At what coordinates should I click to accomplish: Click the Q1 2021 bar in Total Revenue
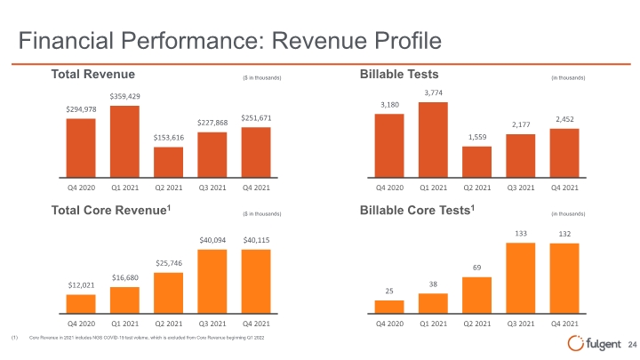pyautogui.click(x=124, y=141)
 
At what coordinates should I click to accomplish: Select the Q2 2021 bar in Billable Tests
pyautogui.click(x=476, y=162)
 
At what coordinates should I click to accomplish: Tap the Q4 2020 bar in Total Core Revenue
pyautogui.click(x=81, y=304)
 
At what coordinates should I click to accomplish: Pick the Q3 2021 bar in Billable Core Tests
pyautogui.click(x=520, y=278)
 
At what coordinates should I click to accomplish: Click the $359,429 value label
pyautogui.click(x=125, y=96)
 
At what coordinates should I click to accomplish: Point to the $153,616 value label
pyautogui.click(x=169, y=138)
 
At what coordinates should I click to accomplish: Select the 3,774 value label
pyautogui.click(x=433, y=92)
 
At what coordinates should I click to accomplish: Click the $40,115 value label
pyautogui.click(x=256, y=240)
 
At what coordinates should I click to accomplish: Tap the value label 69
pyautogui.click(x=476, y=268)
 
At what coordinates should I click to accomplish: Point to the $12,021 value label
pyautogui.click(x=81, y=285)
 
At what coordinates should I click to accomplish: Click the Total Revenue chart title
pyautogui.click(x=93, y=75)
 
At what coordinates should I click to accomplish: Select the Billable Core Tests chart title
pyautogui.click(x=417, y=210)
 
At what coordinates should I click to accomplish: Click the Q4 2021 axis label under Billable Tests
pyautogui.click(x=564, y=188)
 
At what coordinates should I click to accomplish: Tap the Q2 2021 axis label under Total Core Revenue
pyautogui.click(x=169, y=324)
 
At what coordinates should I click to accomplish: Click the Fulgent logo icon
pyautogui.click(x=575, y=343)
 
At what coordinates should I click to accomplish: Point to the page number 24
pyautogui.click(x=632, y=345)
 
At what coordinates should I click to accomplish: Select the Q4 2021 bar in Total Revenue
pyautogui.click(x=256, y=152)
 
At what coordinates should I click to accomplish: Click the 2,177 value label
pyautogui.click(x=521, y=124)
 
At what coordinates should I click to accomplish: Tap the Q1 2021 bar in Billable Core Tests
pyautogui.click(x=433, y=303)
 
